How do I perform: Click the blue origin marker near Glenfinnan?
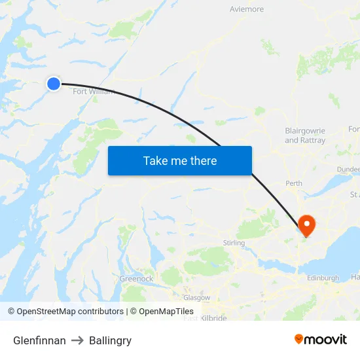tap(53, 83)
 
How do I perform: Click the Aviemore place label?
tap(247, 9)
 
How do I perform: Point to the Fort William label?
tap(93, 92)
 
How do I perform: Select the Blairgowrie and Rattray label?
tap(305, 135)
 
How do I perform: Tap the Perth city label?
tap(294, 183)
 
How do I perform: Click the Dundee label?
tap(348, 169)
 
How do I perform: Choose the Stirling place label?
tap(234, 243)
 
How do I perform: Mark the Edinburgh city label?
tap(323, 278)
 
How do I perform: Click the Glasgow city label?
tap(197, 297)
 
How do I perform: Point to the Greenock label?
tap(136, 279)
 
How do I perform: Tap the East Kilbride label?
tap(205, 318)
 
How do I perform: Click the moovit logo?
tap(320, 340)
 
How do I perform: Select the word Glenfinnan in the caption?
tap(39, 340)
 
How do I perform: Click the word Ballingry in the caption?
tap(110, 340)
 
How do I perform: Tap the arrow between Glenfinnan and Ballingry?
tap(77, 340)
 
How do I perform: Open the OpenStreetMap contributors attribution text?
tap(70, 312)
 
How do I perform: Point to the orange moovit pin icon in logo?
tap(299, 339)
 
